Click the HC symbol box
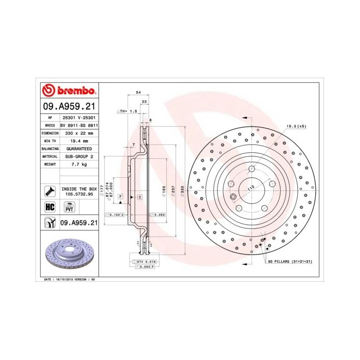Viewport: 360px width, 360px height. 50,207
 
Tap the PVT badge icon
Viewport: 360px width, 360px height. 68,207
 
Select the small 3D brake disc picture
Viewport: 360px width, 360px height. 68,254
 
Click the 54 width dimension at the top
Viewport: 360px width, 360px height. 138,92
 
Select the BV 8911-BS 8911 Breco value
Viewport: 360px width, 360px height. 79,125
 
